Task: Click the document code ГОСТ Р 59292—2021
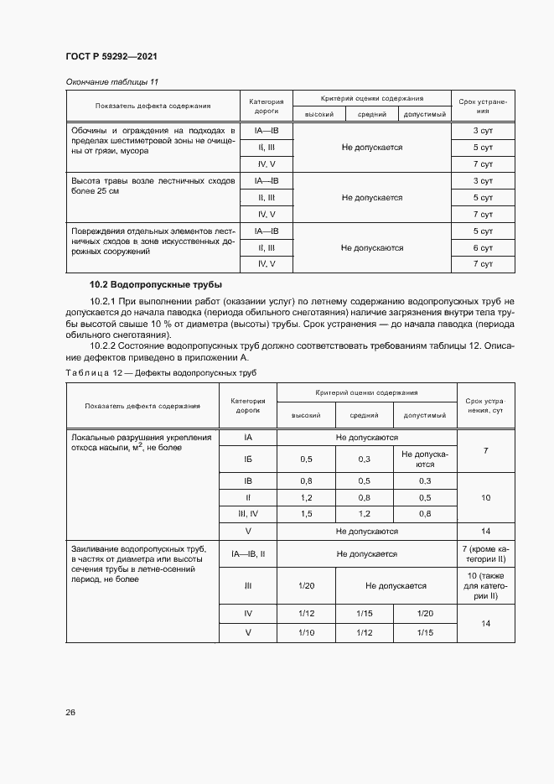(x=111, y=56)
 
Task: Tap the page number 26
(x=69, y=712)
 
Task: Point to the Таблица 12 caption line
(x=160, y=371)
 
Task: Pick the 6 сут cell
(x=482, y=248)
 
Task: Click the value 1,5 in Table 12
(x=306, y=513)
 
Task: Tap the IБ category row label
(x=248, y=459)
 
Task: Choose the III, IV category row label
(x=248, y=513)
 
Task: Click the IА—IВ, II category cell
(x=248, y=554)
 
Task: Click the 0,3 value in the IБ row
(x=365, y=459)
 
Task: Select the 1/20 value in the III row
(x=306, y=586)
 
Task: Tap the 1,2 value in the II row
(x=306, y=497)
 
